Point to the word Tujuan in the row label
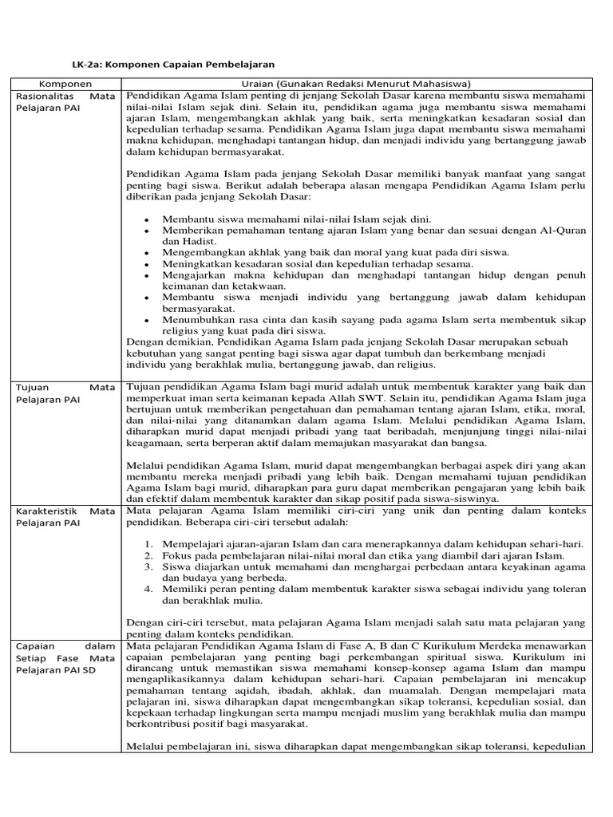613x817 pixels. point(33,387)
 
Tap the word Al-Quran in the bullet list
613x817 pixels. point(564,230)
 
